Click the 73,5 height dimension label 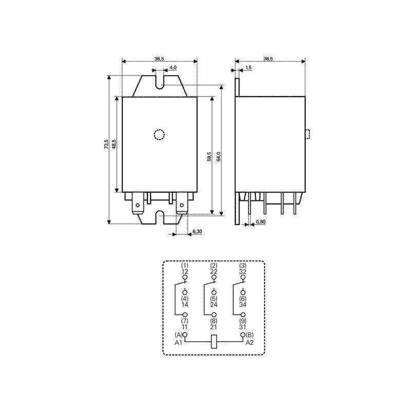[106, 144]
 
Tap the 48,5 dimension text [114, 144]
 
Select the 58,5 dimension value [209, 156]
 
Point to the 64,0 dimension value [219, 156]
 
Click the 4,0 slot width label [173, 67]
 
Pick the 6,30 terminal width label [197, 232]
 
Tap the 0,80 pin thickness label [261, 222]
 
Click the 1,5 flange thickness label [249, 67]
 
